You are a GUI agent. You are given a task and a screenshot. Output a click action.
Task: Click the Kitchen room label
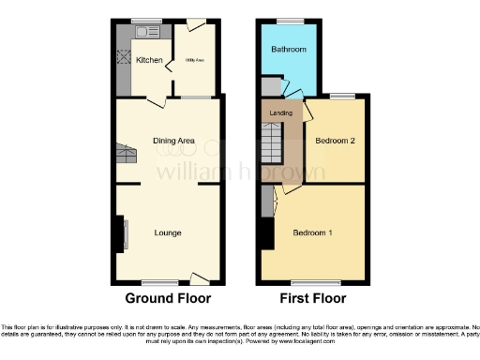click(150, 61)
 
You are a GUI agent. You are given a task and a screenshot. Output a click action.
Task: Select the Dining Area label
click(174, 141)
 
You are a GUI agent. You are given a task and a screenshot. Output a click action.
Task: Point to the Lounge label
click(168, 232)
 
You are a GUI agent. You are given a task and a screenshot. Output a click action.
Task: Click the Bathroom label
click(289, 49)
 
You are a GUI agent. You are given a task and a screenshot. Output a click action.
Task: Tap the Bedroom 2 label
click(334, 142)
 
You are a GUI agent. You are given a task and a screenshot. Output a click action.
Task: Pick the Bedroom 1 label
click(312, 232)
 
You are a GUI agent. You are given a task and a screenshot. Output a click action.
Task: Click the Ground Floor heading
click(168, 298)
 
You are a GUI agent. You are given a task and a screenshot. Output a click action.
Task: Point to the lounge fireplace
click(120, 234)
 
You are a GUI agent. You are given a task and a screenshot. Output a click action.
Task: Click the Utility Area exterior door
click(195, 25)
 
